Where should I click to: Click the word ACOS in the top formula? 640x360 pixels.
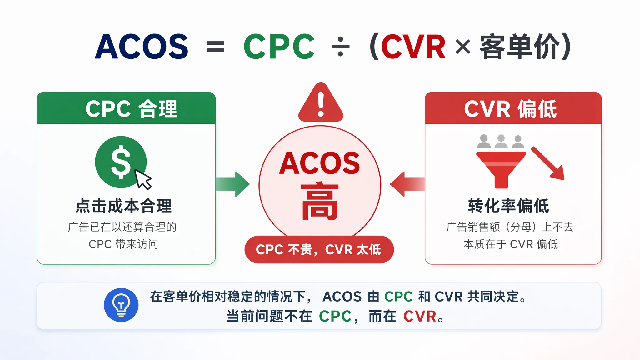point(142,47)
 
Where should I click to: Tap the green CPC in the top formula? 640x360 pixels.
point(279,47)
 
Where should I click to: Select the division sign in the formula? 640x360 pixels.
point(340,47)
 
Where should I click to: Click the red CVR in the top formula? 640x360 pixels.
point(413,47)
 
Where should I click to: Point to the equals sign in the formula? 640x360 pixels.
point(216,47)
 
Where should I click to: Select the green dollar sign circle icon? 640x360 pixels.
point(121,162)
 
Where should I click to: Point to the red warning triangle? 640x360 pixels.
point(321,102)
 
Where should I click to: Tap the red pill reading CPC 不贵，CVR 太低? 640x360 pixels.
point(319,249)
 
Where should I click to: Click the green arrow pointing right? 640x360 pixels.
point(232,184)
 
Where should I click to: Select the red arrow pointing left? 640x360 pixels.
point(407,184)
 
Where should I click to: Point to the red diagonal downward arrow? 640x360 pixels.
point(547,163)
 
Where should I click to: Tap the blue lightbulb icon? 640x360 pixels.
point(121,305)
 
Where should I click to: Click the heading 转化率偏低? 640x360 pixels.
point(509,206)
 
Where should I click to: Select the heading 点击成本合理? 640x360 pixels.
point(124,206)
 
